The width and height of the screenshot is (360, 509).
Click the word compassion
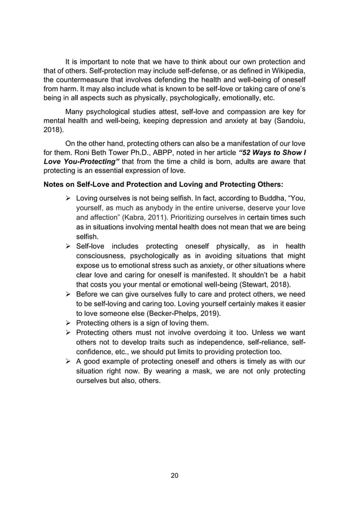point(223,110)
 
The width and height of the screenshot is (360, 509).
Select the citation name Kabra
point(142,217)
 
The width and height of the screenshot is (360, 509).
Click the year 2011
point(165,217)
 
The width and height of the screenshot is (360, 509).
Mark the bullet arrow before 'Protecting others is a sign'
point(68,323)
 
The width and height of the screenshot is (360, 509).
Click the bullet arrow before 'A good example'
point(68,361)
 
